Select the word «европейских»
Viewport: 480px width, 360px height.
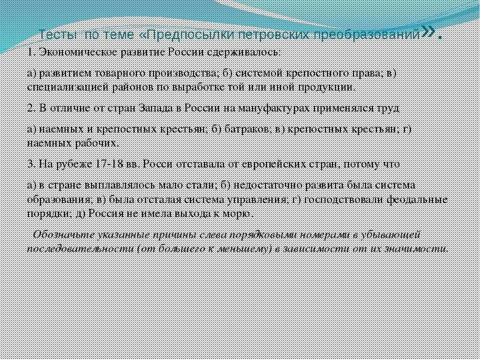point(280,165)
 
